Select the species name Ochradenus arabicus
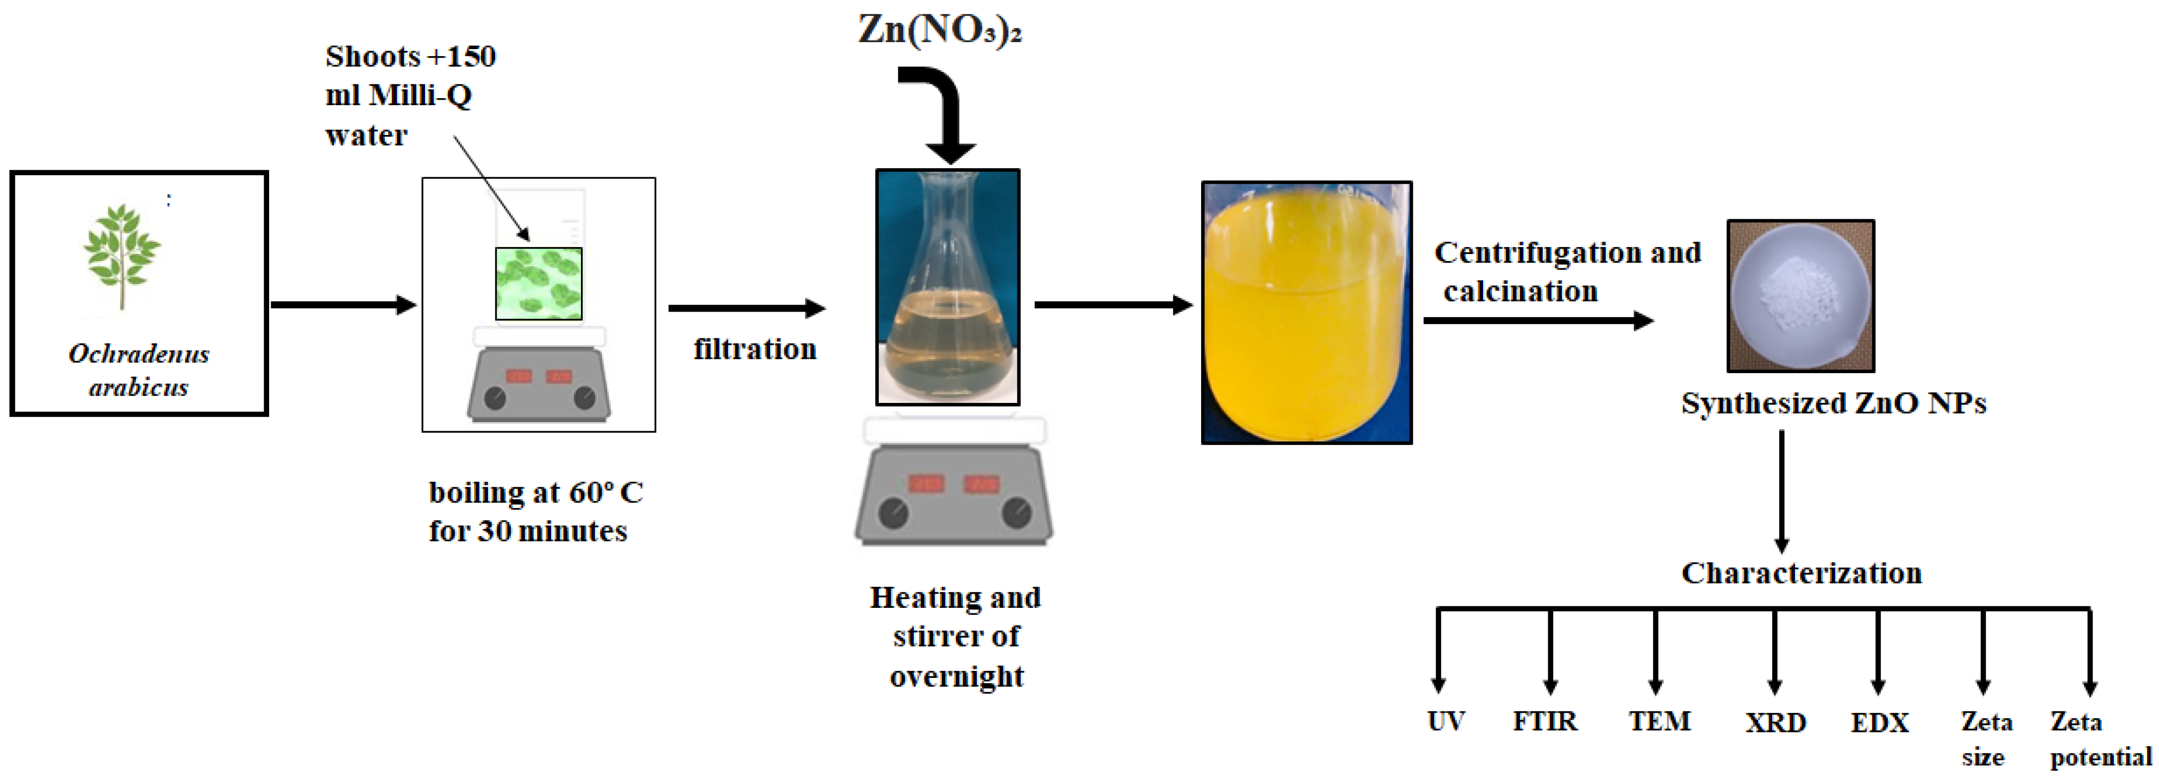point(139,370)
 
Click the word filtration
point(754,348)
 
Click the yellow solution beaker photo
point(1306,313)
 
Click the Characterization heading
point(1801,573)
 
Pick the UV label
point(1446,721)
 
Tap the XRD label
point(1775,722)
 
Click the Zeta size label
point(1986,738)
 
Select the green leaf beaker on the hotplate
point(538,283)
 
